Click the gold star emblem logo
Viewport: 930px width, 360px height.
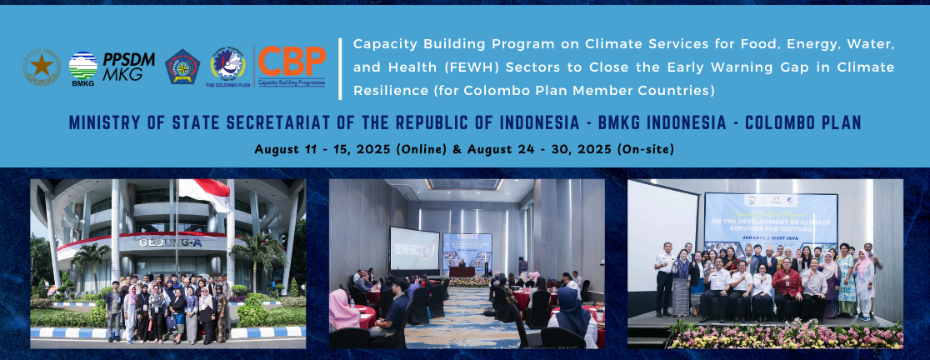pos(41,66)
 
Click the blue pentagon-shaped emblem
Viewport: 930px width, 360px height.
pos(182,67)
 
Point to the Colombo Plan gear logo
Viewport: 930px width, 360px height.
pos(227,63)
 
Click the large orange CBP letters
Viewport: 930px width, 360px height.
pos(292,61)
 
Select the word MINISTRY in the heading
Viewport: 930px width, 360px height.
pos(104,123)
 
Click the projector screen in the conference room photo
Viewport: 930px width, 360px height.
pos(414,247)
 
